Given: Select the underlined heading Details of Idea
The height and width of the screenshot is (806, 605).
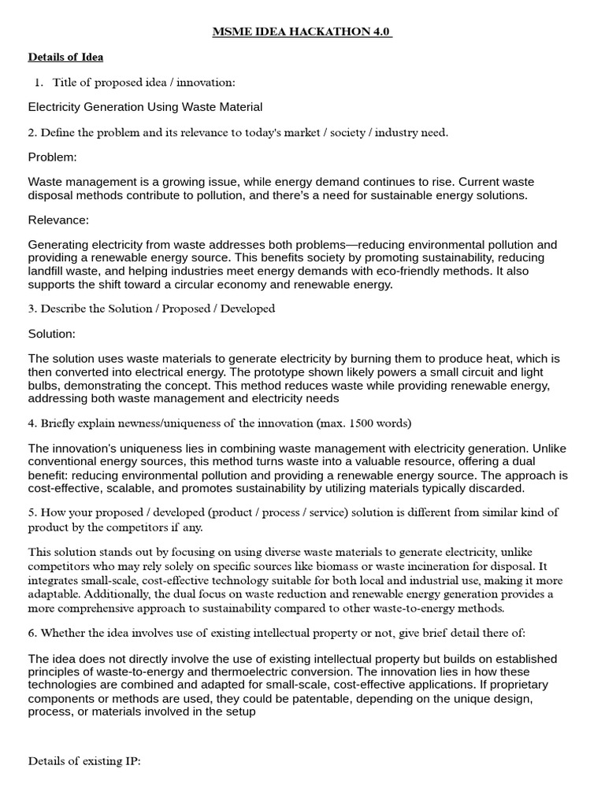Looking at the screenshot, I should (x=65, y=57).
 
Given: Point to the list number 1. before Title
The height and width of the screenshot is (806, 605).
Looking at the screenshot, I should (x=39, y=82).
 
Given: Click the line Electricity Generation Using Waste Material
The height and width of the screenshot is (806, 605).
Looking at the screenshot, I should (x=145, y=107).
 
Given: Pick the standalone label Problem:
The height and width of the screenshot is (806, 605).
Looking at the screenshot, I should (x=52, y=157).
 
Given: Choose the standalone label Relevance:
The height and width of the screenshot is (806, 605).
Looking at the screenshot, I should (x=58, y=220).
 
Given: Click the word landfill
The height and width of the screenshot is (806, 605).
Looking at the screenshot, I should (x=46, y=271).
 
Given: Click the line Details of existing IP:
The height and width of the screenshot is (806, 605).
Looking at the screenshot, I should (x=84, y=762).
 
